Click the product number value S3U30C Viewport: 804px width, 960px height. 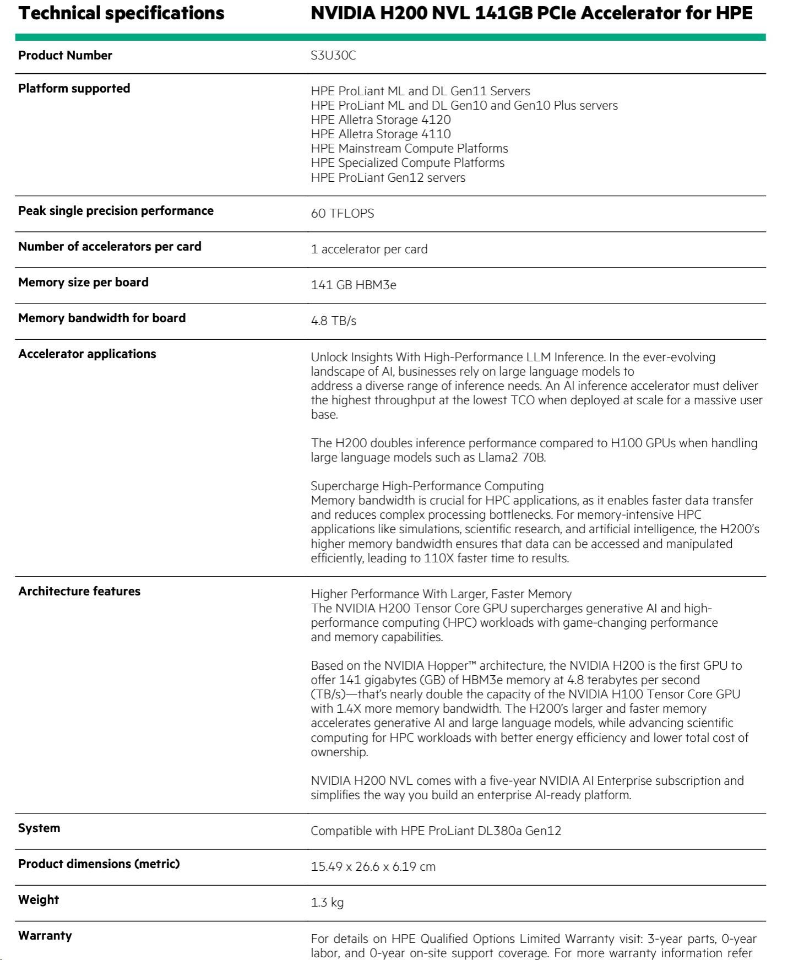pyautogui.click(x=333, y=56)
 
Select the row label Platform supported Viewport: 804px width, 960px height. pyautogui.click(x=74, y=89)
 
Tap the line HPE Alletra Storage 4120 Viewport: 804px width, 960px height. pyautogui.click(x=381, y=120)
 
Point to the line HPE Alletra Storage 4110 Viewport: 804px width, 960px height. pyautogui.click(x=381, y=134)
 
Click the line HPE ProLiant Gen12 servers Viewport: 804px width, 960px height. pyautogui.click(x=388, y=178)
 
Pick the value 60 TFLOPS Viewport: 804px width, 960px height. pyautogui.click(x=342, y=214)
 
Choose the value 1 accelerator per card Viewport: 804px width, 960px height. pyautogui.click(x=369, y=250)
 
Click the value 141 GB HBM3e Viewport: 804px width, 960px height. pyautogui.click(x=353, y=285)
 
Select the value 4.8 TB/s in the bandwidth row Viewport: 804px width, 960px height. pyautogui.click(x=333, y=321)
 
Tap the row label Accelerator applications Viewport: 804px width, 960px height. pyautogui.click(x=87, y=354)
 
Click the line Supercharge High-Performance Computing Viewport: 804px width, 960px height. pyautogui.click(x=427, y=486)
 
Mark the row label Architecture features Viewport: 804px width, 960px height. pyautogui.click(x=79, y=592)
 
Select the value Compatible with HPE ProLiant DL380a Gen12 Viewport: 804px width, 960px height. pyautogui.click(x=436, y=831)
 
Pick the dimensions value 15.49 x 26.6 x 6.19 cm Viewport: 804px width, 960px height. pyautogui.click(x=373, y=867)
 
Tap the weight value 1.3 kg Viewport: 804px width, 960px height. pyautogui.click(x=327, y=903)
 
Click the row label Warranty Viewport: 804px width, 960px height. pyautogui.click(x=45, y=936)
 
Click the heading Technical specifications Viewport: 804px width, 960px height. pyautogui.click(x=121, y=13)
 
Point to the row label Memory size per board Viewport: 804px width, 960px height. pyautogui.click(x=83, y=283)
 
